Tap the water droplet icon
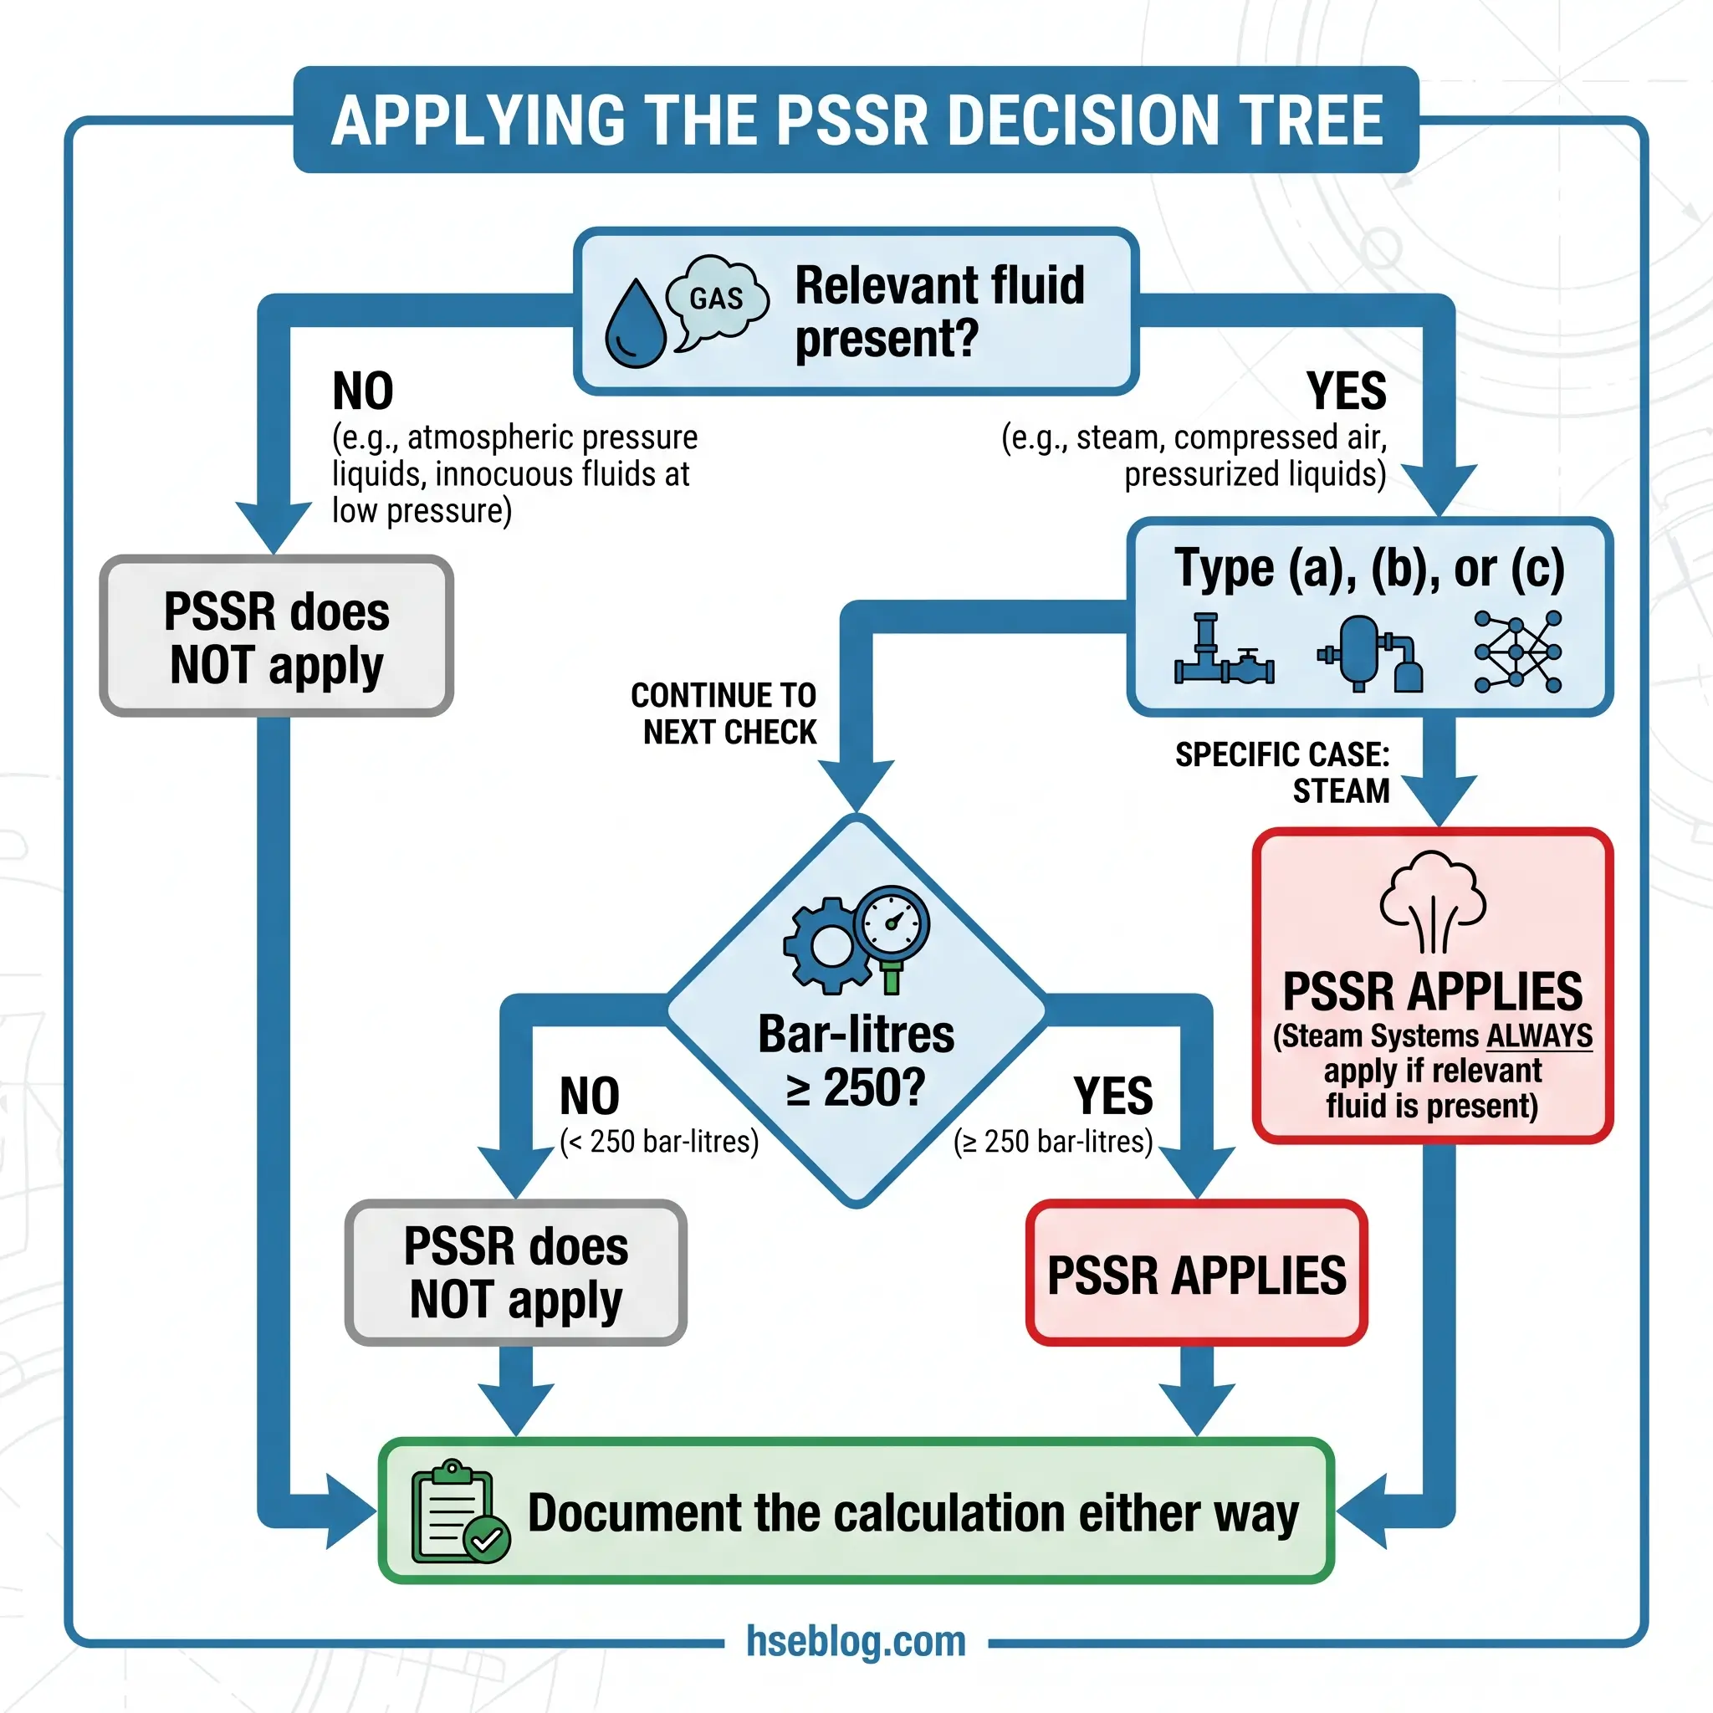[635, 325]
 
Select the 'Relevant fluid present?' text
[939, 312]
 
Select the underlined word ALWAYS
[1539, 1035]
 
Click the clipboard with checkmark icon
[459, 1512]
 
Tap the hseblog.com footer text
[856, 1641]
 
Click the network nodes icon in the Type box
[1517, 652]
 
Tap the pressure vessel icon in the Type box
[1369, 653]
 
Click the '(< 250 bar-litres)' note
[660, 1141]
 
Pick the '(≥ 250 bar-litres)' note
[1053, 1141]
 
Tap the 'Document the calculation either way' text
[913, 1512]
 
